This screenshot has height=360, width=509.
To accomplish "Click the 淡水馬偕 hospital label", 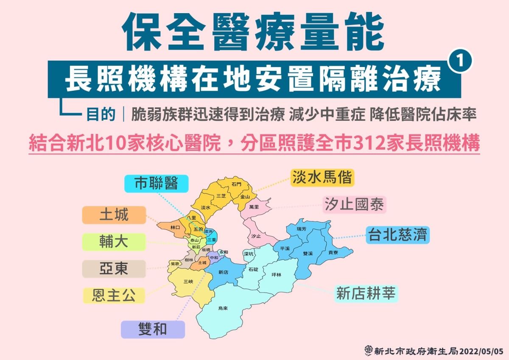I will pos(322,178).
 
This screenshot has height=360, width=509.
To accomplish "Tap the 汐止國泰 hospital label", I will pos(354,205).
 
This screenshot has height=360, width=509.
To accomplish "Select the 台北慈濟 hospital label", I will pos(398,234).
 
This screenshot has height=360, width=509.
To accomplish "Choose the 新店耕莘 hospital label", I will pos(366,293).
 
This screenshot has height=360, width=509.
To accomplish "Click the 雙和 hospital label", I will pos(153,329).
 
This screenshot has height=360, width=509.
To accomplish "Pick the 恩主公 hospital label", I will pos(114,295).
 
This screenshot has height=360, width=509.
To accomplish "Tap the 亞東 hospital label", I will pos(114,269).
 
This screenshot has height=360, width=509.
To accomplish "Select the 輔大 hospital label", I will pos(114,242).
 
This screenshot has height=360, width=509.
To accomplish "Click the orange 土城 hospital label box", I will pos(114,215).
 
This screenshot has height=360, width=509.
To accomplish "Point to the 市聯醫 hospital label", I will pos(156,183).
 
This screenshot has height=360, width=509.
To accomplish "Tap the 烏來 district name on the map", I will pos(223,308).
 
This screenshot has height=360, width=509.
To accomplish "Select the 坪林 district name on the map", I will pos(276,275).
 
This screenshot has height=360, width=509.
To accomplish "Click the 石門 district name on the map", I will pos(236,184).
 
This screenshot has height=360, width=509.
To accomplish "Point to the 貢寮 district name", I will pos(333,252).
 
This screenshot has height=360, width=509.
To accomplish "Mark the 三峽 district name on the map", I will pos(188,282).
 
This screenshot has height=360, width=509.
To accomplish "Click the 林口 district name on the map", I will pos(175,228).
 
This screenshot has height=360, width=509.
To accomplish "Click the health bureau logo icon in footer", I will pos(369,351).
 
